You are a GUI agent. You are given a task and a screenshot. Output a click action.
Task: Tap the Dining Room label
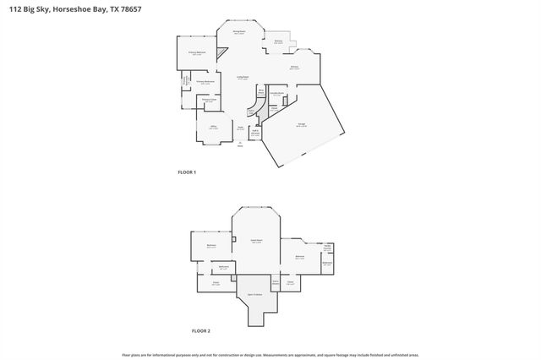pyautogui.click(x=239, y=32)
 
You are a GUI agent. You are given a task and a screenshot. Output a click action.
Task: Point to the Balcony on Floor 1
pyautogui.click(x=278, y=41)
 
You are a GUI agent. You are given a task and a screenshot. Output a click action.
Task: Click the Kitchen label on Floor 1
pyautogui.click(x=294, y=67)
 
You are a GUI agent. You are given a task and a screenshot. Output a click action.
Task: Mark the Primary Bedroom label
pyautogui.click(x=197, y=52)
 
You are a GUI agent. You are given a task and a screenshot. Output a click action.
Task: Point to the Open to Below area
pyautogui.click(x=254, y=294)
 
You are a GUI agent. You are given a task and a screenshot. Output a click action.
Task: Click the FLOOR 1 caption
pyautogui.click(x=187, y=172)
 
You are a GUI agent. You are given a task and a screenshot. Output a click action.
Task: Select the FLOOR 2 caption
pyautogui.click(x=200, y=330)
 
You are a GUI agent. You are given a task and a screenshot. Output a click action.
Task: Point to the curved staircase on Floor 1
pyautogui.click(x=250, y=111)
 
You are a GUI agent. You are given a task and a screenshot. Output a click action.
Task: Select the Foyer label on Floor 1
pyautogui.click(x=240, y=128)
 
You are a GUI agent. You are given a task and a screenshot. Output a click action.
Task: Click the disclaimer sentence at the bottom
pyautogui.click(x=270, y=355)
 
